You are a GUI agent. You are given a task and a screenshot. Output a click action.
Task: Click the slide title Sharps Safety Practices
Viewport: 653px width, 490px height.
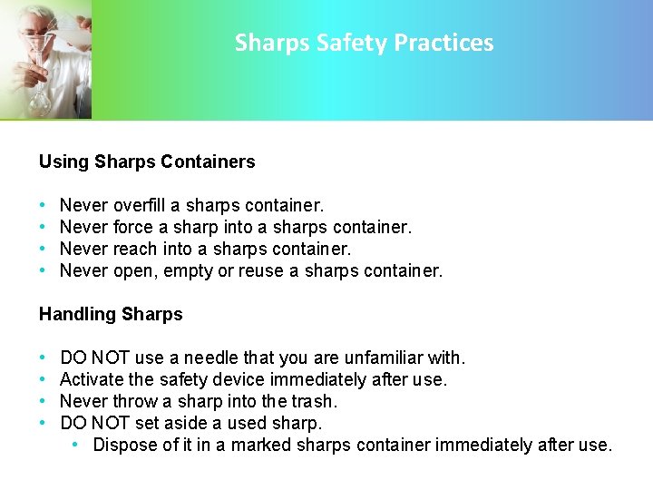point(364,43)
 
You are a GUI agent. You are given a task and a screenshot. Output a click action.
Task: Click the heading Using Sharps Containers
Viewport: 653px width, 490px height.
point(147,162)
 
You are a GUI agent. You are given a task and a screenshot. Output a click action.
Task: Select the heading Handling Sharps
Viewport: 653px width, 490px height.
point(111,314)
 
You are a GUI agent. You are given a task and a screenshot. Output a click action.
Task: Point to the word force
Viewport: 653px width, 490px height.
point(133,227)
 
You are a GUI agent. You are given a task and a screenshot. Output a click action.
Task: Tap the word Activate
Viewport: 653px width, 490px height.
point(91,379)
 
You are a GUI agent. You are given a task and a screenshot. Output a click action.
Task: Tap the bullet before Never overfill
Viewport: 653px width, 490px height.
point(44,205)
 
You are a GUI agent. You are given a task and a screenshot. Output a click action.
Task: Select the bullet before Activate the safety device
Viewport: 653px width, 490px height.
point(44,379)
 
